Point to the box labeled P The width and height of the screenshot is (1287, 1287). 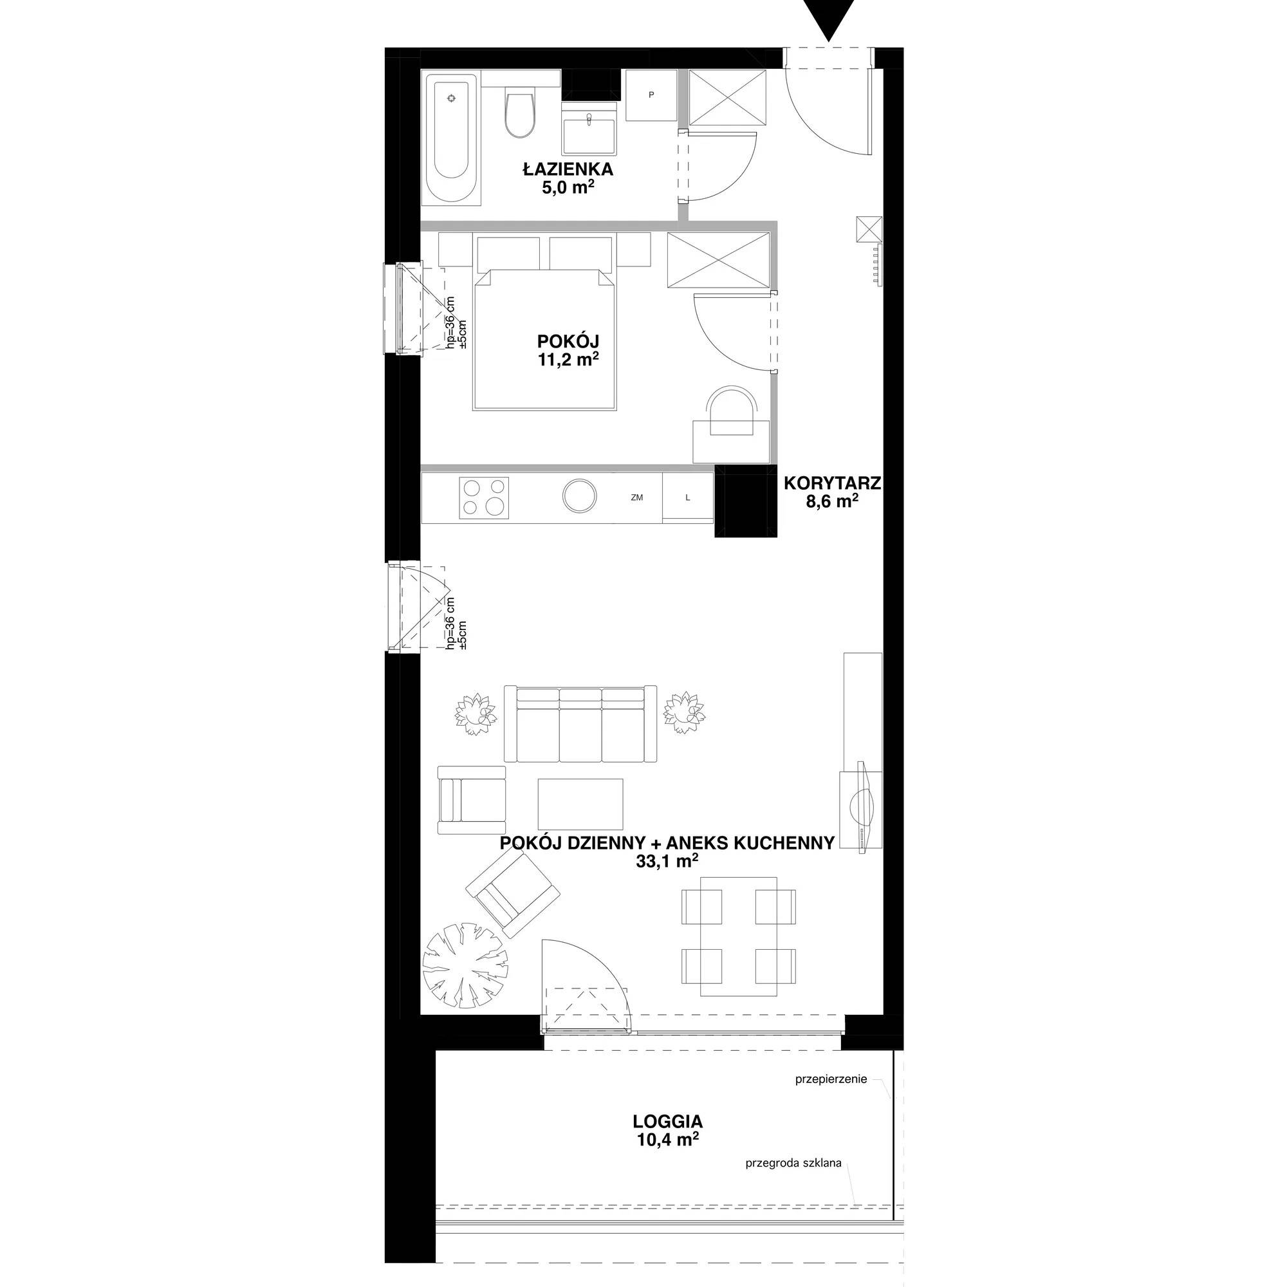point(651,95)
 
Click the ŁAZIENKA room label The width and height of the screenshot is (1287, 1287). point(568,169)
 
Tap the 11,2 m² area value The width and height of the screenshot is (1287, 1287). point(568,360)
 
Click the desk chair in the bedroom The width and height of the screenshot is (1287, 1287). point(731,411)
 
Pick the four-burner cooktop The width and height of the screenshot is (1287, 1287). point(484,497)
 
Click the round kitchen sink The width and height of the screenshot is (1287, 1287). point(580,496)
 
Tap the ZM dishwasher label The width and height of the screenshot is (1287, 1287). point(637,497)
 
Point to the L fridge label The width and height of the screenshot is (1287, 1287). point(688,497)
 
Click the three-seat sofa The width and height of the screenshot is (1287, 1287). point(580,723)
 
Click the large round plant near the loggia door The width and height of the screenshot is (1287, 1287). point(466,963)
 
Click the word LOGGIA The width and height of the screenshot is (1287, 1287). point(668,1120)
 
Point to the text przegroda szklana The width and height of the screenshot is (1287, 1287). point(793,1163)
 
